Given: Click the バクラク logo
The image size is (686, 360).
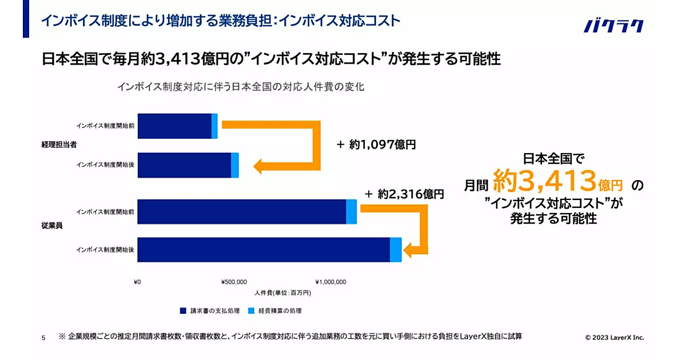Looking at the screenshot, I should [613, 26].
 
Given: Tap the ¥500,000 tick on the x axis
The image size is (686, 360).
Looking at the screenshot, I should [234, 282].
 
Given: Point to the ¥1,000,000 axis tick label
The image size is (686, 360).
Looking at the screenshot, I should [330, 282].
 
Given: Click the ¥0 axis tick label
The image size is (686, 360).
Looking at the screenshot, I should [137, 282].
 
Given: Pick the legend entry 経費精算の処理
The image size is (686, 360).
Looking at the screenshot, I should [275, 311].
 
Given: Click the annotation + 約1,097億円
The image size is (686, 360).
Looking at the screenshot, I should [376, 145].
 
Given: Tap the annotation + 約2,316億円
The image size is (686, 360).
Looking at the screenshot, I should [404, 194].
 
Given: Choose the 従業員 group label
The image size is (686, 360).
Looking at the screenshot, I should [51, 225].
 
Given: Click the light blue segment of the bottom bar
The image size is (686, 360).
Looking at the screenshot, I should [396, 250].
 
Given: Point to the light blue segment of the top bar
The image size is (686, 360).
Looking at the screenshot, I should [214, 126].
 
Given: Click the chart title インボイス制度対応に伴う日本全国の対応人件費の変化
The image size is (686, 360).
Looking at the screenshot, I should [241, 87].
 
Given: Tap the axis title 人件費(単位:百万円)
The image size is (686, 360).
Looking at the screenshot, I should [282, 292].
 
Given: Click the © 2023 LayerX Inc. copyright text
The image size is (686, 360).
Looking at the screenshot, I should [615, 338].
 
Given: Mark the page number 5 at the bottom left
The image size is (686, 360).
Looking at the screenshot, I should [43, 338].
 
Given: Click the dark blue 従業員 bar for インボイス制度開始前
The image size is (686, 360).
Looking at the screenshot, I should [242, 211].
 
